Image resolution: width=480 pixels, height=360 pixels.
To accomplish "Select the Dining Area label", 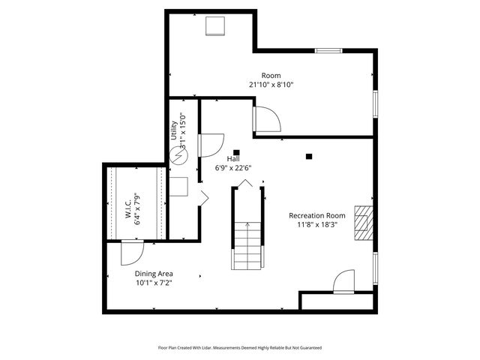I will (x=154, y=274).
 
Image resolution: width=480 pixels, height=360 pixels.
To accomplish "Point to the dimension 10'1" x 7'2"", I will (x=154, y=283).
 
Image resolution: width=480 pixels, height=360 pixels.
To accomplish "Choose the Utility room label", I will (x=174, y=129).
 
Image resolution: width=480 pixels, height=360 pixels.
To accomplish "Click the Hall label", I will (x=233, y=158).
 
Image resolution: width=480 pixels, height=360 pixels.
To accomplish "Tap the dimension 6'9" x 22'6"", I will (x=233, y=167).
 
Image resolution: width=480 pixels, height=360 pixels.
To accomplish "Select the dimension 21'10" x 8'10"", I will (x=271, y=85).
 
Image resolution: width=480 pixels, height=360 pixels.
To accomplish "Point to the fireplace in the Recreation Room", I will (x=363, y=221).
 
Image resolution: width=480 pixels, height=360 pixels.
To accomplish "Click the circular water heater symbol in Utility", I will (x=180, y=157).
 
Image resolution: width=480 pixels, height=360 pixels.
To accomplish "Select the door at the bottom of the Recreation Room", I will (x=344, y=282).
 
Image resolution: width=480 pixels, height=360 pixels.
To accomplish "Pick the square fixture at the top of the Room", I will (x=216, y=25).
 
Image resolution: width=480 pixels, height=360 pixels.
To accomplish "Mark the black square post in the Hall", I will (x=236, y=150).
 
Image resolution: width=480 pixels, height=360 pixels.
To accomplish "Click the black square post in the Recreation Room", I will (x=309, y=156).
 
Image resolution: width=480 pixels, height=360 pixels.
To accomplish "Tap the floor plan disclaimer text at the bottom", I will (x=239, y=347).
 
